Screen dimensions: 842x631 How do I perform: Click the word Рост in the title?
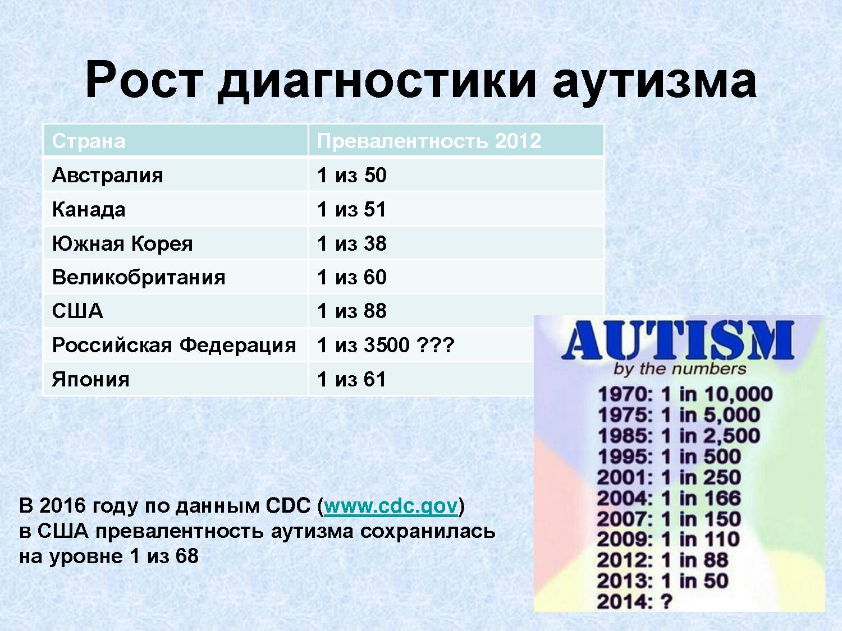pyautogui.click(x=144, y=80)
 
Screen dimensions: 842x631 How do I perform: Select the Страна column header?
pyautogui.click(x=89, y=141)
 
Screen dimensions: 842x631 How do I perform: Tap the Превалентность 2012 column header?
pyautogui.click(x=429, y=141)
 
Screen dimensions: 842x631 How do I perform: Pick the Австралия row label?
pyautogui.click(x=107, y=176)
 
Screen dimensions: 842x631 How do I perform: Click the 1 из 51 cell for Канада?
pyautogui.click(x=351, y=210)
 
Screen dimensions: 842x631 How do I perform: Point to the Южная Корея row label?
pyautogui.click(x=122, y=243)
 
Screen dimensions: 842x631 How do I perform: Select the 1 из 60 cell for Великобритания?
pyautogui.click(x=352, y=277)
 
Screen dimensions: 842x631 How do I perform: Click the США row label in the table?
pyautogui.click(x=77, y=311)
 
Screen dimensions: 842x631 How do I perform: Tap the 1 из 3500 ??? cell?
pyautogui.click(x=386, y=345)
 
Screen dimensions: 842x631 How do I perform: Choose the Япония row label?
pyautogui.click(x=90, y=380)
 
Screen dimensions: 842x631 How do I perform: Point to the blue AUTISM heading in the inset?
pyautogui.click(x=678, y=340)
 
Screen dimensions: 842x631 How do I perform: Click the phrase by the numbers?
pyautogui.click(x=680, y=369)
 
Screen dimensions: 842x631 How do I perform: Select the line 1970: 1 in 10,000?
pyautogui.click(x=685, y=395)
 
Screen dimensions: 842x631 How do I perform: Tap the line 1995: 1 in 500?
pyautogui.click(x=669, y=457)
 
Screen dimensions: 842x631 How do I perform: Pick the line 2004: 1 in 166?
pyautogui.click(x=669, y=498)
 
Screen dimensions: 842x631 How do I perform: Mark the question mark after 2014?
pyautogui.click(x=667, y=601)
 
